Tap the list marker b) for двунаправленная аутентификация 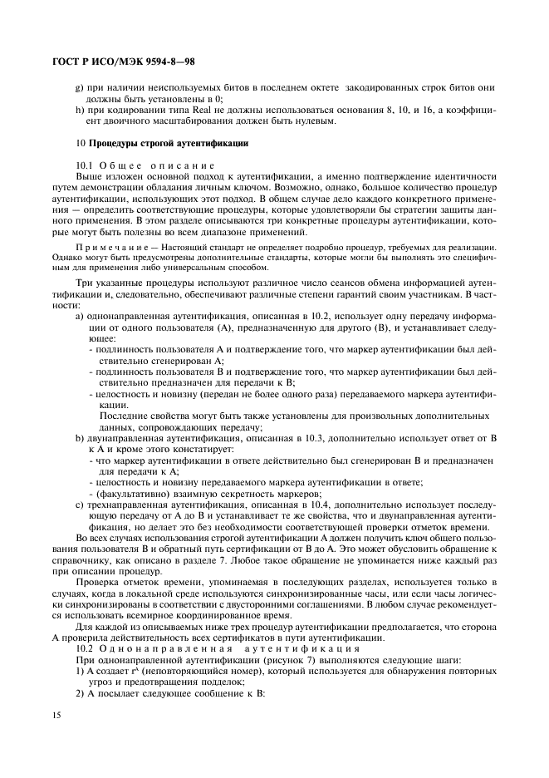pos(79,436)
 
